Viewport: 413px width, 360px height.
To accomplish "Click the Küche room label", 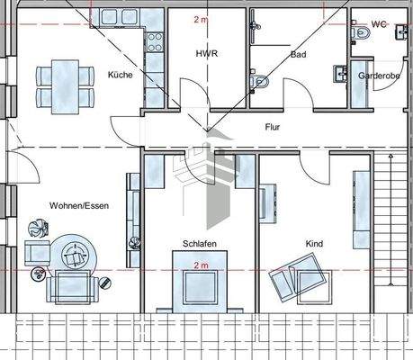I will [120, 75].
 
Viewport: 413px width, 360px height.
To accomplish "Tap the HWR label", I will [207, 54].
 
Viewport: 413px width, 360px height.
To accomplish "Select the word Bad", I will [299, 54].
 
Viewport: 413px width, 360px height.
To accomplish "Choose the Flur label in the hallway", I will [273, 127].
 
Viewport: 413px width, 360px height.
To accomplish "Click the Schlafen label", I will [200, 243].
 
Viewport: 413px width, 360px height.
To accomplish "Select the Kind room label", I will [314, 243].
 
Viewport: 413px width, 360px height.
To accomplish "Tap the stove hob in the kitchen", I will [155, 43].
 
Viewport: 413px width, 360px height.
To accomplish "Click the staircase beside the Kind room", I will [392, 225].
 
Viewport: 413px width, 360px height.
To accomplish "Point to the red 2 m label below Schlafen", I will [201, 265].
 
